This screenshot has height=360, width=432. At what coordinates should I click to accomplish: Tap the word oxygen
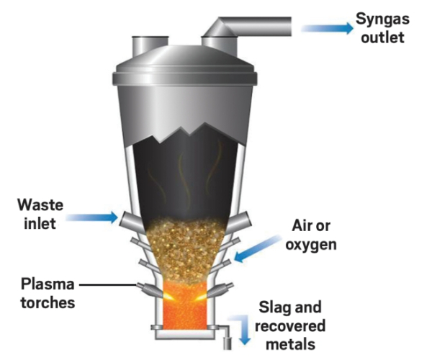[312, 244]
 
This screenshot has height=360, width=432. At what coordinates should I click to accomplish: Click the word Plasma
[47, 283]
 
